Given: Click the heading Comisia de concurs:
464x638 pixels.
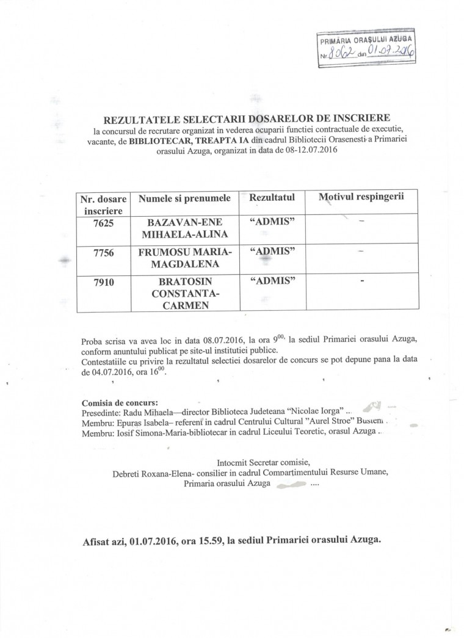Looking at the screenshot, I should [118, 403].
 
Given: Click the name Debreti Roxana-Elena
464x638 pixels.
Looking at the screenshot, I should [153, 472].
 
